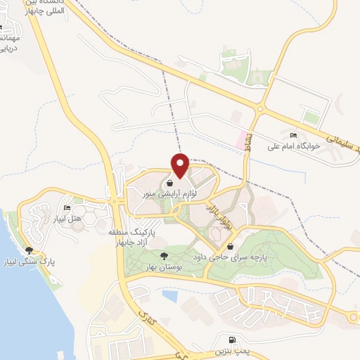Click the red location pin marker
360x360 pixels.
(x=180, y=165)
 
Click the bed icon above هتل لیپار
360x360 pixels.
(x=67, y=208)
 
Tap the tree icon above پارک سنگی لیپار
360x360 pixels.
(x=29, y=250)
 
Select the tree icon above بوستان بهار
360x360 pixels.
(x=164, y=257)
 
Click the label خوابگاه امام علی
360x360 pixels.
(x=293, y=146)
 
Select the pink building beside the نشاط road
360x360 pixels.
(x=242, y=139)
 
